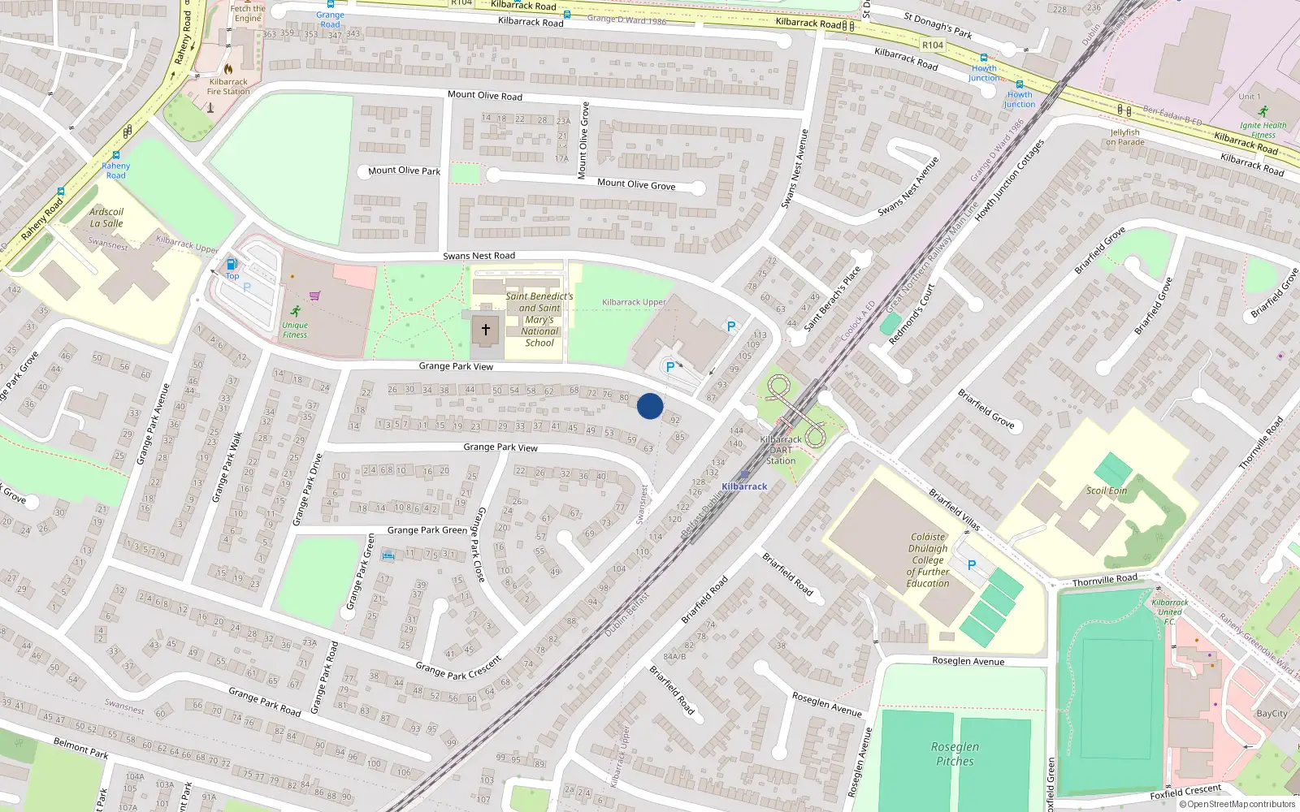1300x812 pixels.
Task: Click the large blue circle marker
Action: tap(650, 406)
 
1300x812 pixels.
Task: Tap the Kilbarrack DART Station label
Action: tap(780, 450)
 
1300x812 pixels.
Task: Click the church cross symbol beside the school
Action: tap(486, 330)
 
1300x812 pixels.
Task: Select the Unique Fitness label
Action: tap(295, 330)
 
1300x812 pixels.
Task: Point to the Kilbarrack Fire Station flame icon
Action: tap(228, 69)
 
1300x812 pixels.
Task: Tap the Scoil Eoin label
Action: tap(1107, 490)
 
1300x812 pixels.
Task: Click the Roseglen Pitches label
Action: tap(955, 754)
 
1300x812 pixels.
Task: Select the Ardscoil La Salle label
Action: tap(106, 218)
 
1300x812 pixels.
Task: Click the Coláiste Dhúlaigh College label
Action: tap(928, 559)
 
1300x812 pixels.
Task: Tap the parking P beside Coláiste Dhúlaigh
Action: tap(972, 565)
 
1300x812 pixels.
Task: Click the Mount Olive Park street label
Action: tap(404, 171)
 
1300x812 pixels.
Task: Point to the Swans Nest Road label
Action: tap(479, 256)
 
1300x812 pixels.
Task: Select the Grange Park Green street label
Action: tap(427, 530)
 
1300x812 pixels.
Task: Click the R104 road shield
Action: tap(933, 45)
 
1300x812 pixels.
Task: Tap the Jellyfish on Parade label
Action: tap(1124, 137)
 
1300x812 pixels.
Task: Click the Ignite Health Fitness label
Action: tap(1263, 130)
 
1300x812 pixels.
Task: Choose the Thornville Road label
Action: tap(1104, 580)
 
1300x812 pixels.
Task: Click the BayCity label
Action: tap(1272, 714)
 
